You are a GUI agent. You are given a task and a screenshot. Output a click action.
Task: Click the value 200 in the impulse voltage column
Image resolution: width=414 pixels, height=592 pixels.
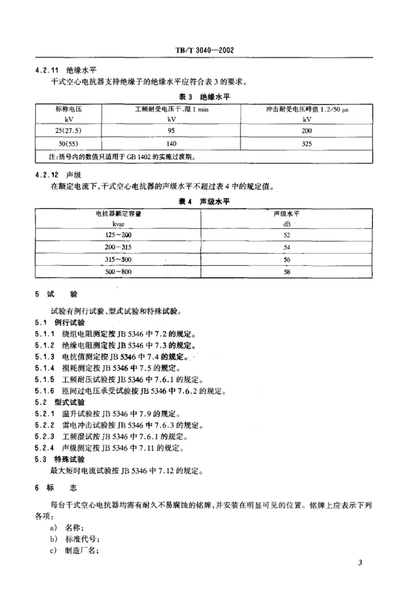click(306, 131)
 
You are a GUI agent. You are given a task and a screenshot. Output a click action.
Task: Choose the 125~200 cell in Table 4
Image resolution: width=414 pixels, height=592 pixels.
click(119, 235)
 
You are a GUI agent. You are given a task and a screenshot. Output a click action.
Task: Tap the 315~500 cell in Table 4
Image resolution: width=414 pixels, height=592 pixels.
click(119, 259)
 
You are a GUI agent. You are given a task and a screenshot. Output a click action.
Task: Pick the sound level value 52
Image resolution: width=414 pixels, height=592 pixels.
click(287, 235)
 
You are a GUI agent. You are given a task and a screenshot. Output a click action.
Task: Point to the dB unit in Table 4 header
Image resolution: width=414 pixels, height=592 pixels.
click(287, 223)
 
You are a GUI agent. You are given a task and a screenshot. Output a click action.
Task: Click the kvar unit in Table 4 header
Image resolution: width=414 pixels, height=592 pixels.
click(119, 223)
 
